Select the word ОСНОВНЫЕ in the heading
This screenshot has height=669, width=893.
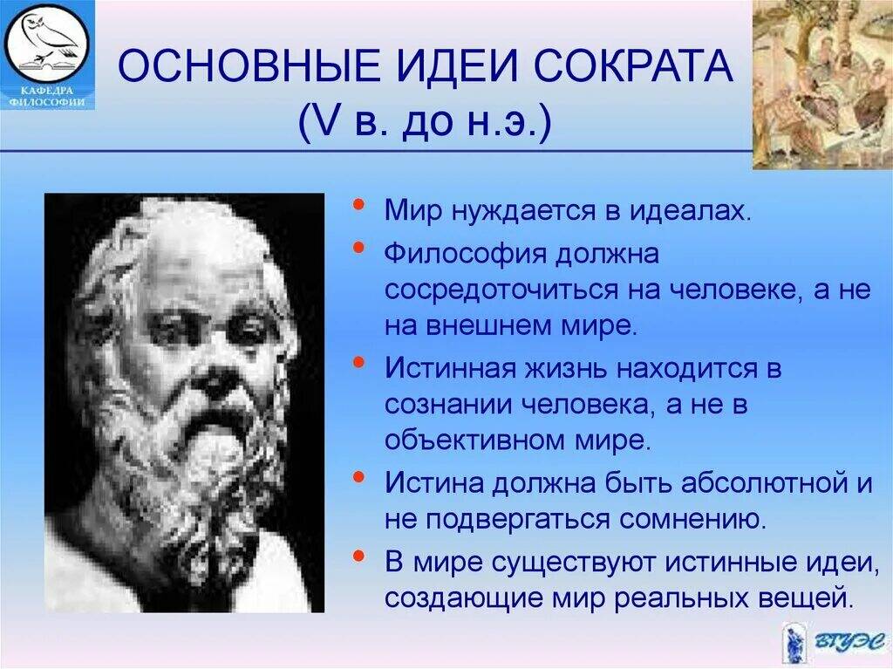point(248,66)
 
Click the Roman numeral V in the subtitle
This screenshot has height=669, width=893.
point(313,121)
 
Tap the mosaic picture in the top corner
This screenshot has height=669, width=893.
point(822,85)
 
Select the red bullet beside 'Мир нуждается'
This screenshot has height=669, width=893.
point(358,203)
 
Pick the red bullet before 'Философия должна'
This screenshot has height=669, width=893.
point(358,247)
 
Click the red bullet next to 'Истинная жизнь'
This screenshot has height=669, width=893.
point(358,361)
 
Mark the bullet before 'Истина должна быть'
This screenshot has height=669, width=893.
point(358,476)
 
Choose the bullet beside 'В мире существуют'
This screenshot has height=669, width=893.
point(358,555)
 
